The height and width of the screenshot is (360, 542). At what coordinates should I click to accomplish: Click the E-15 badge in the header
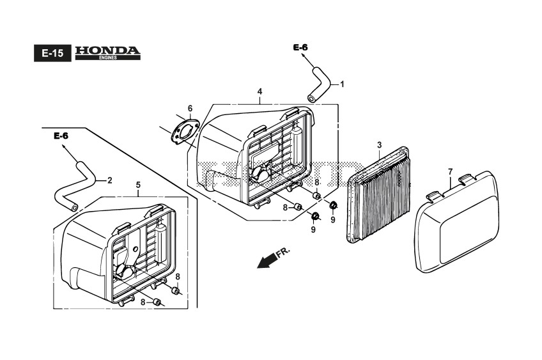(x=52, y=54)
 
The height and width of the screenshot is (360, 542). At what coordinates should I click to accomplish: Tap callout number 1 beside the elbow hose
(x=342, y=84)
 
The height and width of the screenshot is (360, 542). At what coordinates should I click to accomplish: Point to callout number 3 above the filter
(x=379, y=146)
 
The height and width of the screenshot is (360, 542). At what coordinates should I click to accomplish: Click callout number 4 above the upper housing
(x=260, y=92)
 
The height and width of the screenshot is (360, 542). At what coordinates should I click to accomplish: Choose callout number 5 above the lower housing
(x=138, y=185)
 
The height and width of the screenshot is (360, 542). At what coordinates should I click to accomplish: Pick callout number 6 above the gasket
(x=190, y=108)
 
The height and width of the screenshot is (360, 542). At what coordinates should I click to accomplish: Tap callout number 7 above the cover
(x=450, y=171)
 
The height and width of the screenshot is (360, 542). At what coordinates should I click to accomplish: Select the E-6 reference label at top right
(x=300, y=48)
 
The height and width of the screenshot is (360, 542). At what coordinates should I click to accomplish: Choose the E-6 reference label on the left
(x=61, y=136)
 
